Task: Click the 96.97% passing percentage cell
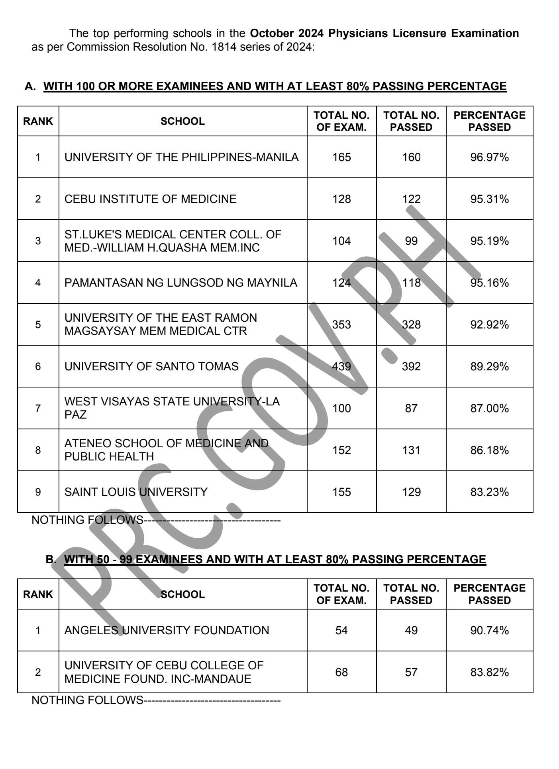489,157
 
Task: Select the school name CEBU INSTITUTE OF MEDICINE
150,199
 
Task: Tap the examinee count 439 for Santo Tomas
341,366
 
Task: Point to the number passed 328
411,325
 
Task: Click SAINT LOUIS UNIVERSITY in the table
136,492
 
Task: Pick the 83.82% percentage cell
489,672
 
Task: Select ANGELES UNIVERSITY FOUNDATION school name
167,630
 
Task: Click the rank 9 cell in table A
38,492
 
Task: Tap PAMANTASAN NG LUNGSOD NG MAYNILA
180,283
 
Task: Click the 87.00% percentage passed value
489,408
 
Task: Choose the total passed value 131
411,450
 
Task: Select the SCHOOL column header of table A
182,121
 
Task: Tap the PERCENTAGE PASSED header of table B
489,594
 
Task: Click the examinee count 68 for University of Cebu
341,672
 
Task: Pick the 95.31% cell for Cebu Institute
489,199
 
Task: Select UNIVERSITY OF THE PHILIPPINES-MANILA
181,157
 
